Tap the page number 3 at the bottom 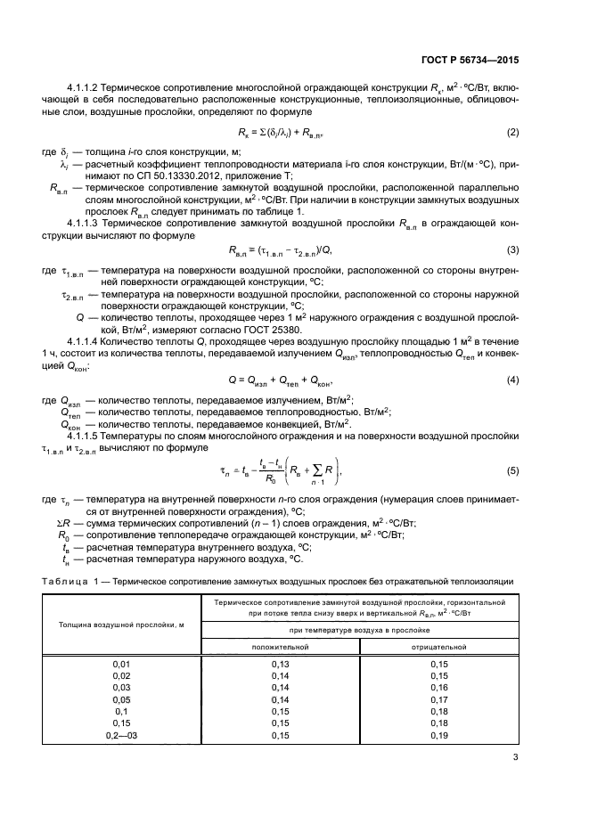[x=515, y=758]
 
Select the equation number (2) [x=512, y=133]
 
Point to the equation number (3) [x=512, y=249]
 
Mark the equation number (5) [x=512, y=470]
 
